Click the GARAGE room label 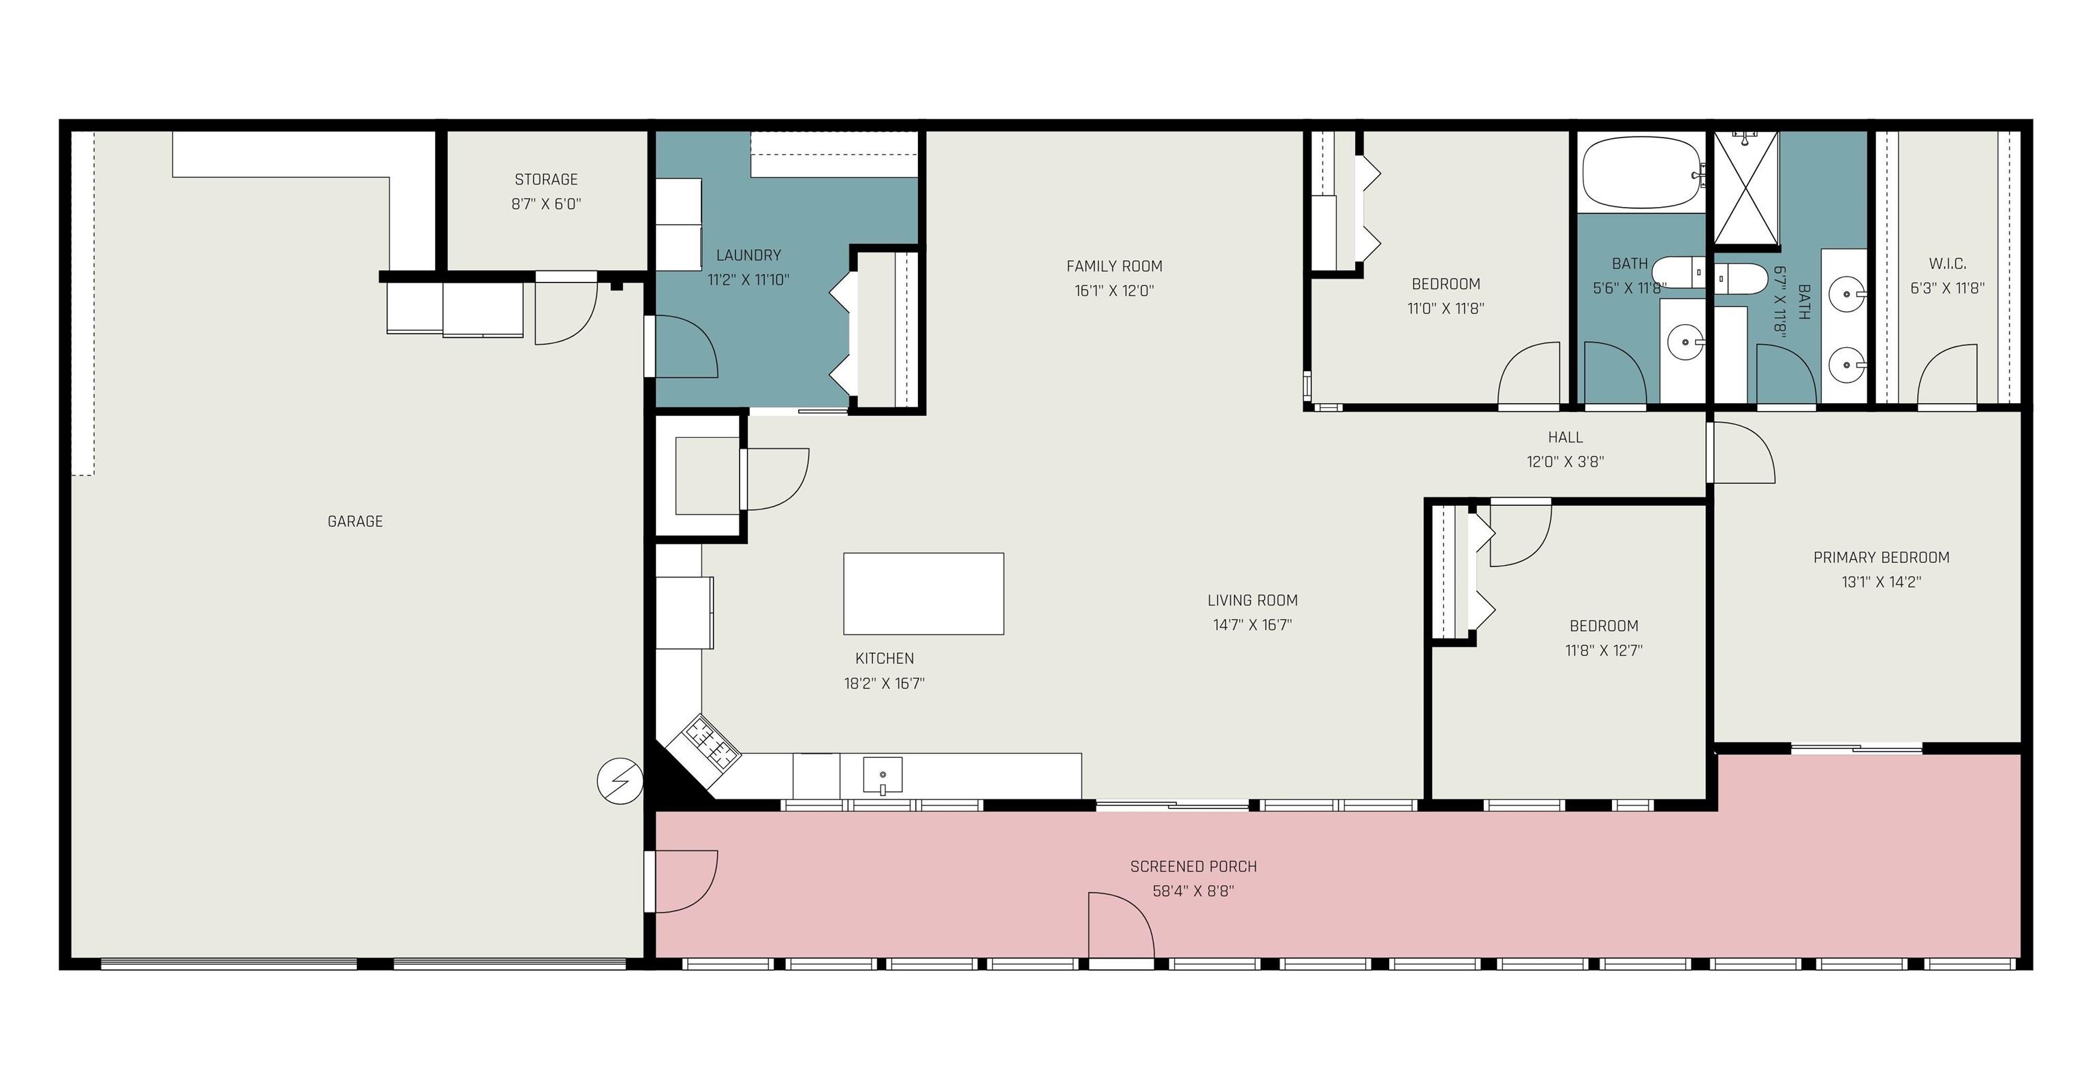pyautogui.click(x=355, y=522)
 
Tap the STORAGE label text pyautogui.click(x=545, y=180)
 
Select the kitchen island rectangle pyautogui.click(x=923, y=594)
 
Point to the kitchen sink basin pyautogui.click(x=882, y=775)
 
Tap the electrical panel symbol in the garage pyautogui.click(x=620, y=782)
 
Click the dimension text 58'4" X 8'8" pyautogui.click(x=1193, y=891)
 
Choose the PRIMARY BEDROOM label pyautogui.click(x=1881, y=558)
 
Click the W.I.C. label pyautogui.click(x=1948, y=264)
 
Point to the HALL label pyautogui.click(x=1565, y=438)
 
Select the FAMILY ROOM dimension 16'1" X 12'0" pyautogui.click(x=1114, y=291)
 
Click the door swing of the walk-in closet pyautogui.click(x=1948, y=374)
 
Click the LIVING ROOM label pyautogui.click(x=1252, y=601)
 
